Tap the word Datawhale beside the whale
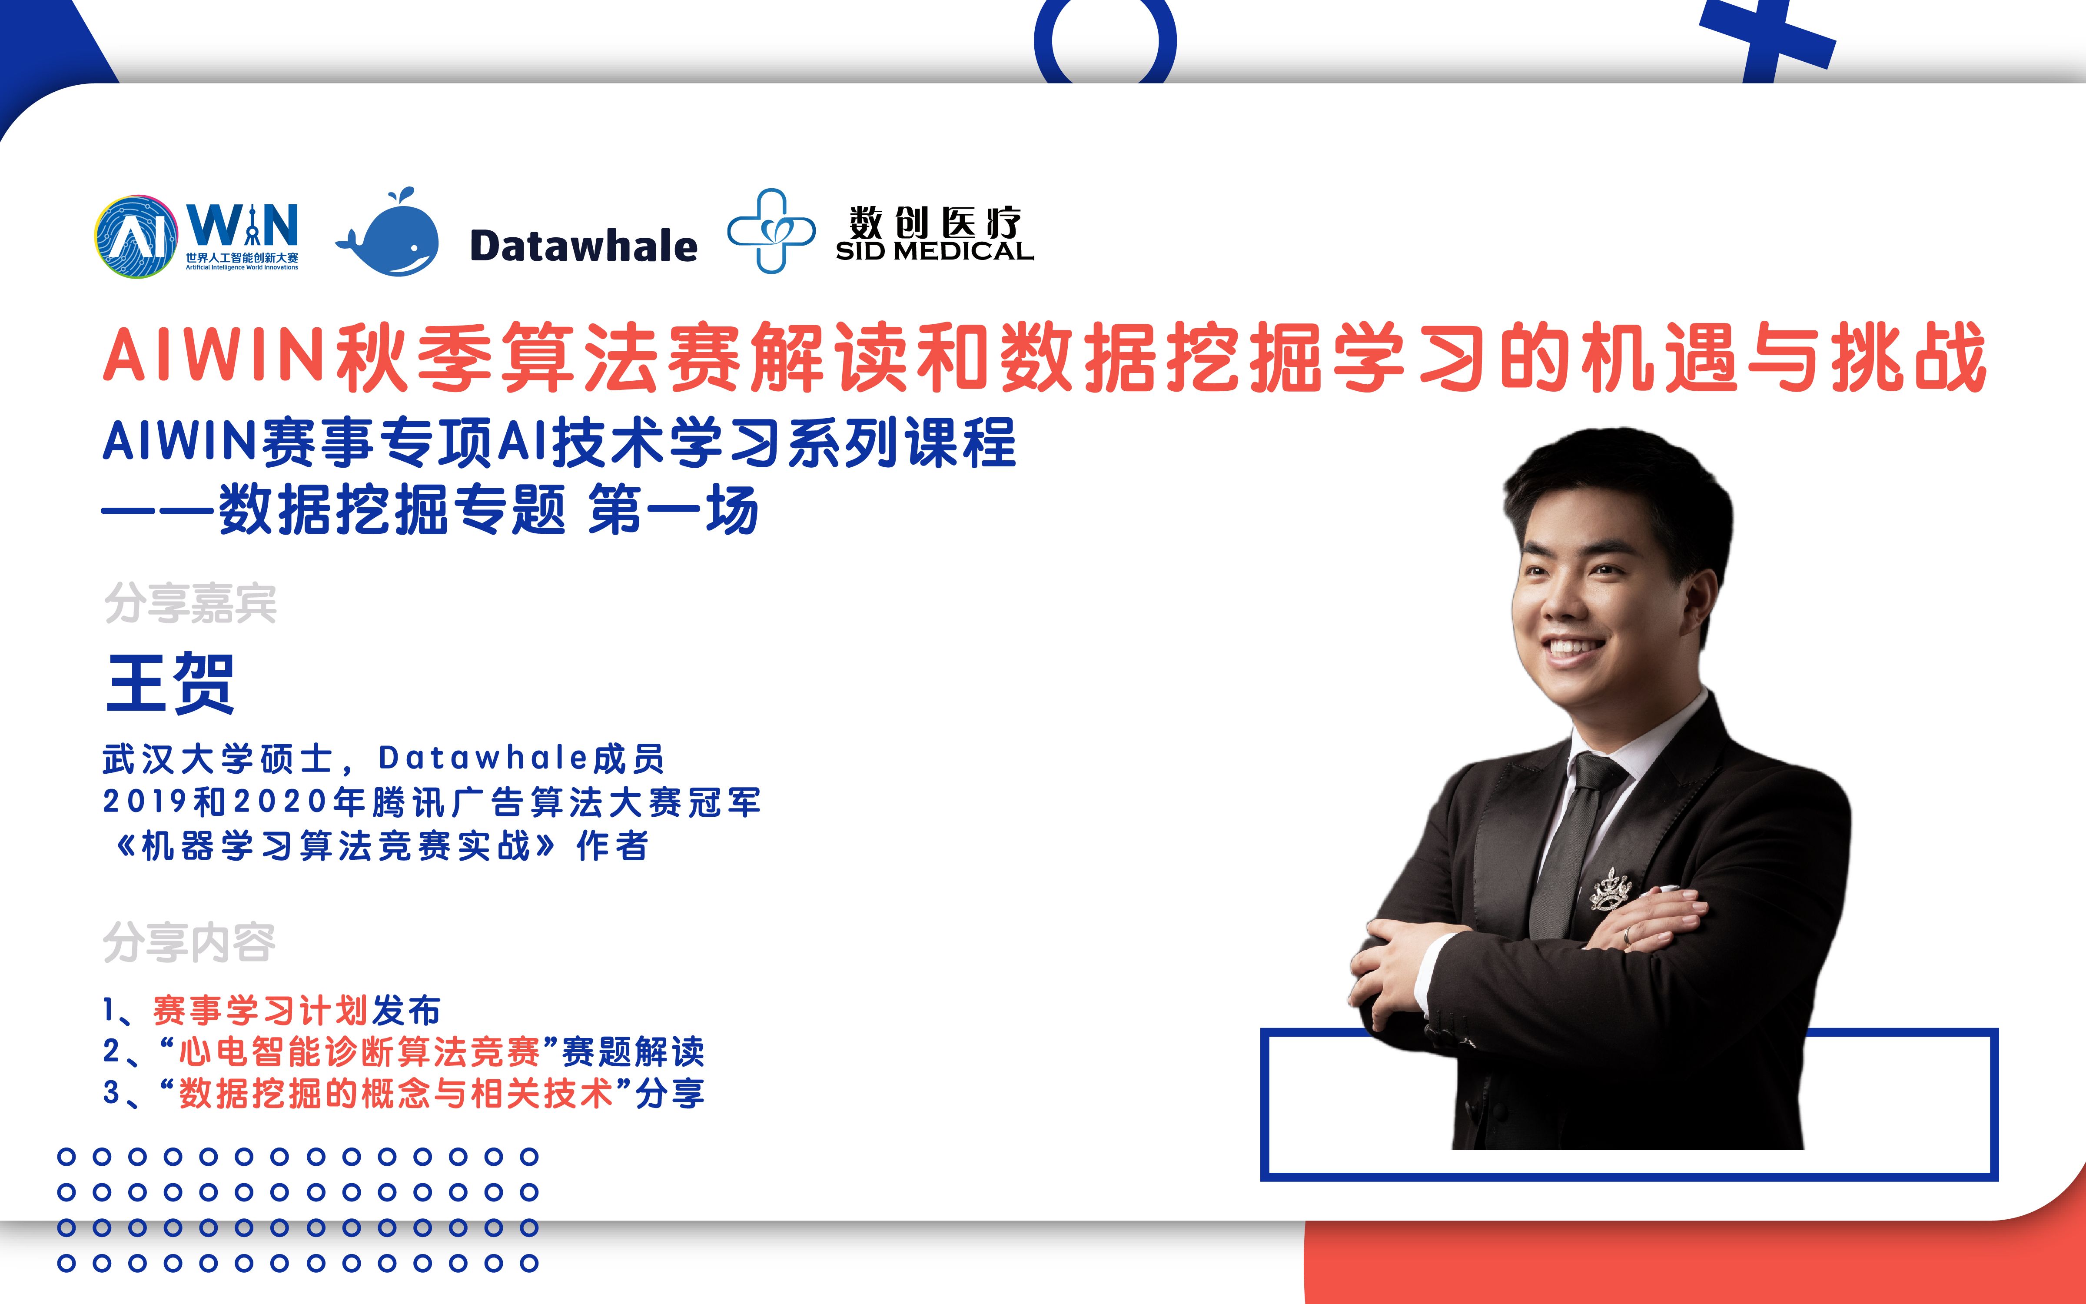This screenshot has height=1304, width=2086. (584, 246)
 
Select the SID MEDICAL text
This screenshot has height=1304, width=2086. (934, 251)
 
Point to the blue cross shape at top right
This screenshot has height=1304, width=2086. (1767, 39)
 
